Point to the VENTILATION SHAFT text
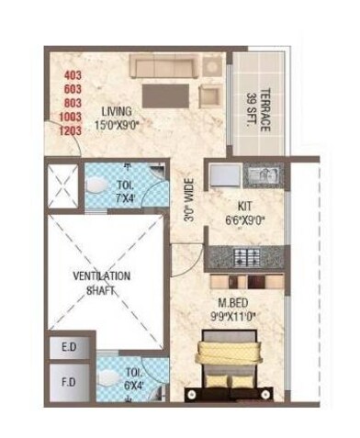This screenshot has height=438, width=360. click(102, 281)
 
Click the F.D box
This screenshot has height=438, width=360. click(68, 380)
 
